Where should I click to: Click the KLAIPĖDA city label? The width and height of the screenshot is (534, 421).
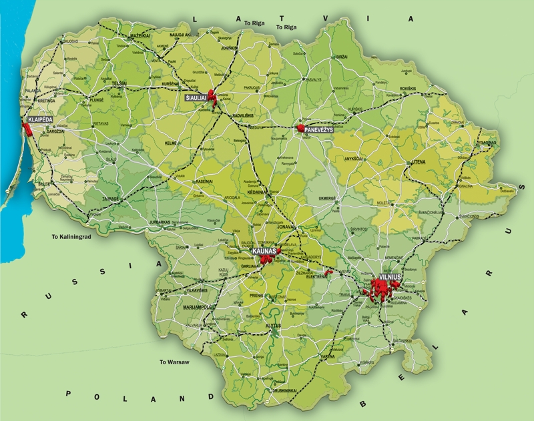[37, 121]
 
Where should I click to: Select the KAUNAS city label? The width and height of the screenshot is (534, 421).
[265, 250]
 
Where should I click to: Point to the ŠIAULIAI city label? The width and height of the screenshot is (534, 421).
[196, 98]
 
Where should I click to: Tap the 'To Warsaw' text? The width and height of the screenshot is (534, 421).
[174, 362]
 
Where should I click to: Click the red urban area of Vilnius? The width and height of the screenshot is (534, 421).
[381, 288]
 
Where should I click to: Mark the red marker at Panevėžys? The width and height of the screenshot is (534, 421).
[300, 126]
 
